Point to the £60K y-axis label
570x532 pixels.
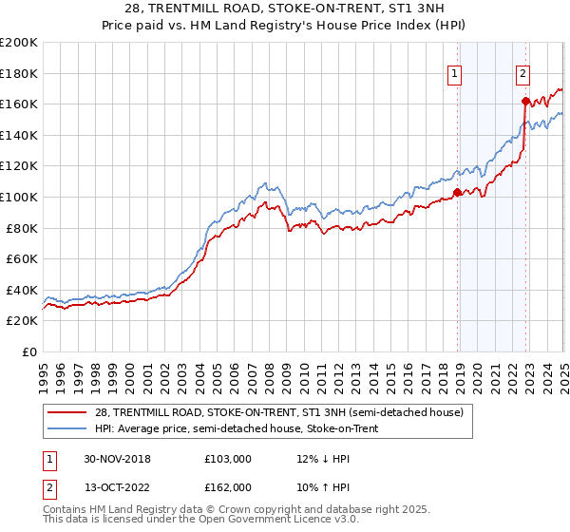[x=21, y=258]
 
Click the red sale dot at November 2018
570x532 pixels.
[x=457, y=192]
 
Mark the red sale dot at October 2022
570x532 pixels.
[x=524, y=101]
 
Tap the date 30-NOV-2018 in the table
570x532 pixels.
[x=117, y=459]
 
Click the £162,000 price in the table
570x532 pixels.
[x=227, y=487]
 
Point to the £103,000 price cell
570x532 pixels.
[x=227, y=459]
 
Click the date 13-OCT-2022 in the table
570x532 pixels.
[x=117, y=487]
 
